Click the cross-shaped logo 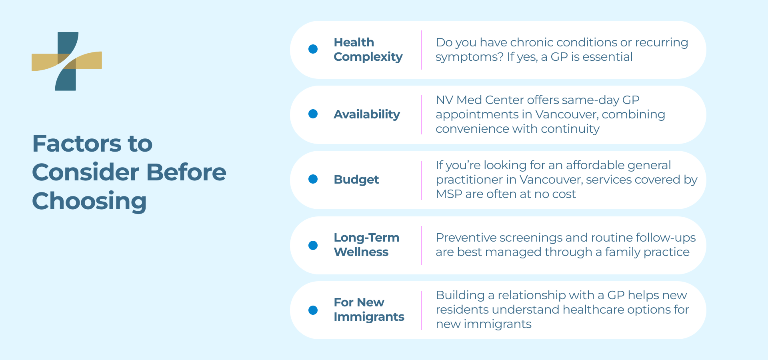pyautogui.click(x=66, y=61)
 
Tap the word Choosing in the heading pyautogui.click(x=89, y=201)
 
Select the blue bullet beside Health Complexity pyautogui.click(x=313, y=49)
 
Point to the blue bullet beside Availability pyautogui.click(x=313, y=114)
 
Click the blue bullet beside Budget pyautogui.click(x=313, y=179)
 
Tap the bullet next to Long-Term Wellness pyautogui.click(x=313, y=245)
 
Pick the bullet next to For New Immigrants pyautogui.click(x=313, y=310)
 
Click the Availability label pyautogui.click(x=367, y=114)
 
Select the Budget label pyautogui.click(x=356, y=180)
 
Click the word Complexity pyautogui.click(x=368, y=57)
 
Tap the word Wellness pyautogui.click(x=361, y=252)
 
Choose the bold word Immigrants pyautogui.click(x=369, y=317)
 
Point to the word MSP pyautogui.click(x=449, y=194)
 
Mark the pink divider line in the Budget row pyautogui.click(x=422, y=180)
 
